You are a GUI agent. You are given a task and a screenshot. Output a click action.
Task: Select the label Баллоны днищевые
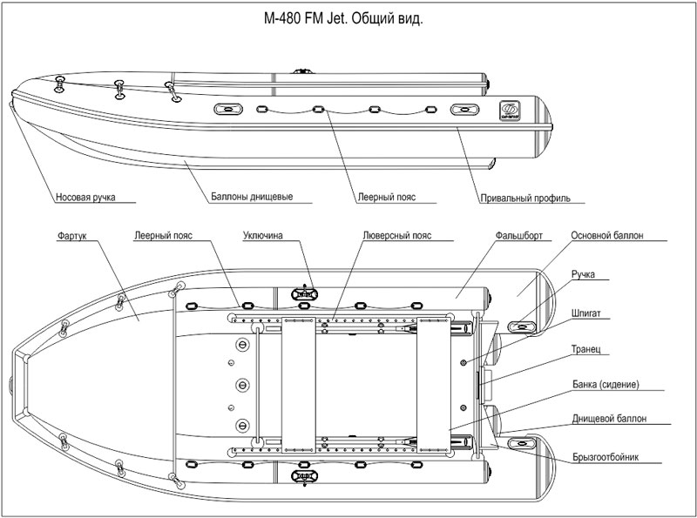pyautogui.click(x=251, y=197)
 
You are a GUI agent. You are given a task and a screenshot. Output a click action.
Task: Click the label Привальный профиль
pyautogui.click(x=524, y=198)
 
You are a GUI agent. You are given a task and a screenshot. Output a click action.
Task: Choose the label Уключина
pyautogui.click(x=267, y=235)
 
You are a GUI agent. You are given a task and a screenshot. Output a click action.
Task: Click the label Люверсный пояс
pyautogui.click(x=397, y=235)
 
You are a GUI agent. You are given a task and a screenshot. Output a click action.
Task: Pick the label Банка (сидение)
pyautogui.click(x=606, y=384)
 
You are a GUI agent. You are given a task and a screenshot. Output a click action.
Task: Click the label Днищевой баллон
pyautogui.click(x=609, y=418)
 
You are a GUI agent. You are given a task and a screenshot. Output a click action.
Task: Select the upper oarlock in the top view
pyautogui.click(x=303, y=293)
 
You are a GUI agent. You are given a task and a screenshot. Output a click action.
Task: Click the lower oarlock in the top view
pyautogui.click(x=303, y=476)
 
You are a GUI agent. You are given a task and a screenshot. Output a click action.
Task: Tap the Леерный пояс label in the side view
pyautogui.click(x=386, y=197)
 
